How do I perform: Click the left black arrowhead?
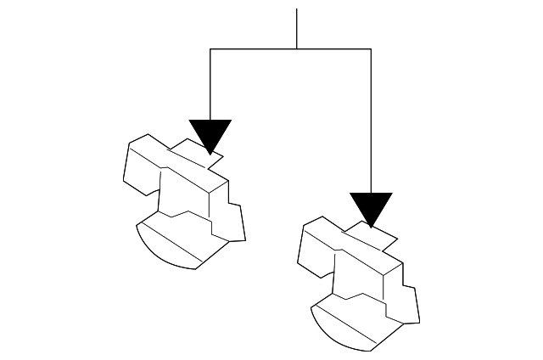coord(210,133)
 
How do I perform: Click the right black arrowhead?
coord(371,207)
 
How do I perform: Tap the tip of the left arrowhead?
coord(210,154)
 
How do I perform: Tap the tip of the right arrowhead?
coord(371,228)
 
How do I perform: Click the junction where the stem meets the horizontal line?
coord(296,49)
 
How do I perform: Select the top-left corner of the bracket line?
coord(210,49)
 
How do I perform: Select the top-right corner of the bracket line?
coord(371,49)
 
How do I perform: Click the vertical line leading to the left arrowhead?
coord(210,85)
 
